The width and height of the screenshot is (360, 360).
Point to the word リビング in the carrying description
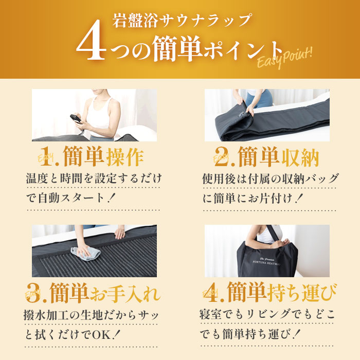tap(269, 313)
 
